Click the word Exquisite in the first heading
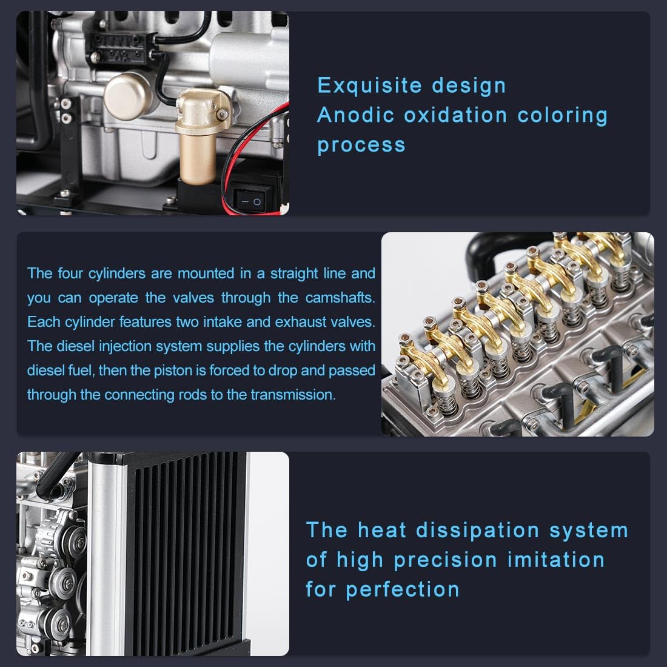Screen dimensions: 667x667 (369, 85)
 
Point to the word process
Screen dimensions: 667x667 (361, 145)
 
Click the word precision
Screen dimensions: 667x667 (445, 560)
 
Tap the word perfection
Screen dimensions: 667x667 (403, 590)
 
